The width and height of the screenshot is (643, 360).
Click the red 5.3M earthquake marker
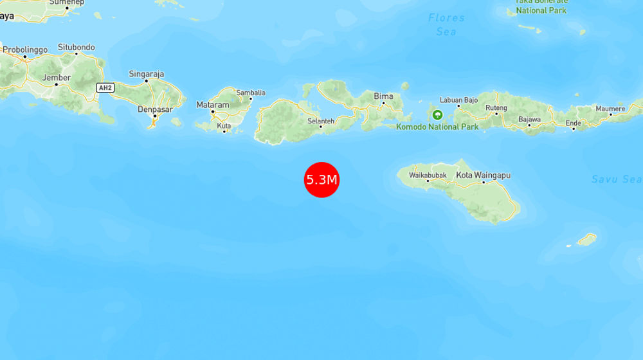click(x=321, y=179)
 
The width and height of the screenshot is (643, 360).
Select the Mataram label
click(x=212, y=105)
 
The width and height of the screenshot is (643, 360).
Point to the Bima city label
click(x=383, y=96)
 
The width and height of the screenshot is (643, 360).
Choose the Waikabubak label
click(x=428, y=175)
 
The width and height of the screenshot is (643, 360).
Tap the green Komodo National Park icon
click(x=438, y=115)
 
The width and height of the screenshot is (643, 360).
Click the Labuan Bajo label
click(x=458, y=100)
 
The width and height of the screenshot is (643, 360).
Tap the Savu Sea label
click(x=617, y=179)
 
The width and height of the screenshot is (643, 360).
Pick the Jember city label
click(x=56, y=78)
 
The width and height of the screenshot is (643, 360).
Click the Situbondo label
click(x=76, y=47)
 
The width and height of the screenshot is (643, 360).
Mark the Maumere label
click(x=610, y=109)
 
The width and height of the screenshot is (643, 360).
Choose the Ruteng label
click(x=496, y=107)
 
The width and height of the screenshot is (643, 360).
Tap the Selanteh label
click(x=320, y=120)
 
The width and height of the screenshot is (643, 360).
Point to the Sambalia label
click(x=250, y=93)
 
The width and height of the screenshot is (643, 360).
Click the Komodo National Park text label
click(x=437, y=127)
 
